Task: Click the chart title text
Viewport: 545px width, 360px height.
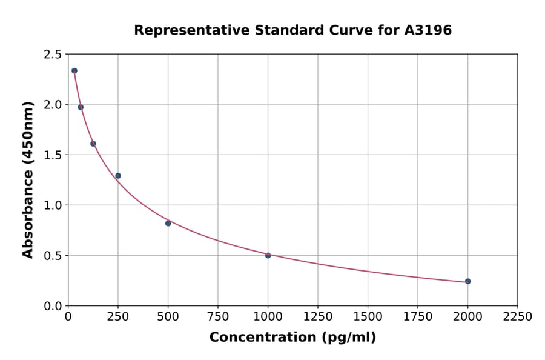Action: pos(292,30)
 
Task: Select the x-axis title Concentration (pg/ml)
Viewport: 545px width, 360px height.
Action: pos(292,338)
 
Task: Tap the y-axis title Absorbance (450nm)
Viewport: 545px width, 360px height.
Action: pos(28,179)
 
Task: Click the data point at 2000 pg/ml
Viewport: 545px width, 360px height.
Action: pos(467,281)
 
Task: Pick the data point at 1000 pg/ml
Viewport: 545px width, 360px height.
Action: pos(268,255)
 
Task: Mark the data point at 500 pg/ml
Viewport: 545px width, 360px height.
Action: pos(168,224)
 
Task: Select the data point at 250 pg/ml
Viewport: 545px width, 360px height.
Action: pos(118,176)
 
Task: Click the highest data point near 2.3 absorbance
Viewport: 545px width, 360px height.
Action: pos(74,71)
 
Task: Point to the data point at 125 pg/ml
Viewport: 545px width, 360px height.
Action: pos(93,144)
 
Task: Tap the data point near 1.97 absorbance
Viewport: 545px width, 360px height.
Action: pos(81,107)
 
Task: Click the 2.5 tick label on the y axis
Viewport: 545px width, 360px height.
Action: pos(52,55)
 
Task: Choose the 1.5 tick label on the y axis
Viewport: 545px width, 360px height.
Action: pos(52,155)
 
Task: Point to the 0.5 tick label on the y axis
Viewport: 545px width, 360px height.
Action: pos(52,256)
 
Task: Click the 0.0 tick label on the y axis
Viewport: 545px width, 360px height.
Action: pos(52,306)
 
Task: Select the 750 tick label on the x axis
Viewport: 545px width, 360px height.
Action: pos(218,317)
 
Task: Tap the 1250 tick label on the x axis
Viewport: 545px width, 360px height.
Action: pos(318,317)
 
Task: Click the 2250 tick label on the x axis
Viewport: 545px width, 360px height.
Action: pos(517,317)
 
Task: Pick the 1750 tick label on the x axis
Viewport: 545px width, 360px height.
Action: pos(418,317)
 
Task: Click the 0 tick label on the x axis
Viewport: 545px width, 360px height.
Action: pos(68,317)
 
